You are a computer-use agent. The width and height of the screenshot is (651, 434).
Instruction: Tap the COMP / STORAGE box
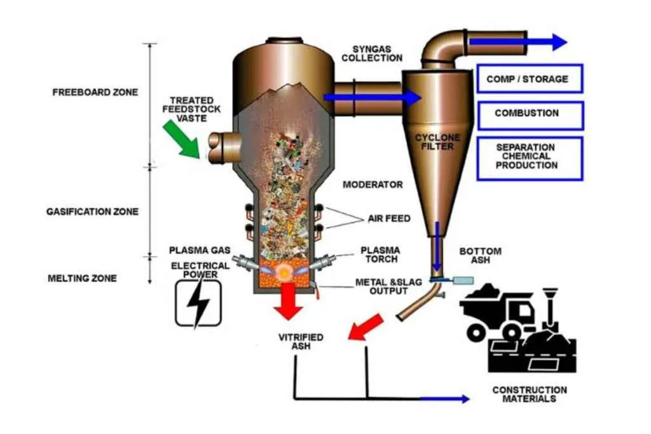pyautogui.click(x=529, y=79)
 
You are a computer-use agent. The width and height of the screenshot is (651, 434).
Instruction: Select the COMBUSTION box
pyautogui.click(x=529, y=114)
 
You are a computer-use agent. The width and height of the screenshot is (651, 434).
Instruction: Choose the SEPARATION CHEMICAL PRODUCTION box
pyautogui.click(x=529, y=156)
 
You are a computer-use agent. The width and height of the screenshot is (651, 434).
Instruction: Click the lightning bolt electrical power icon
pyautogui.click(x=198, y=304)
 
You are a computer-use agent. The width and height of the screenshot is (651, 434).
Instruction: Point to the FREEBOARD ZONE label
pyautogui.click(x=95, y=92)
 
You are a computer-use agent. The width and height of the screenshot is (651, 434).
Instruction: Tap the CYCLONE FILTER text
pyautogui.click(x=437, y=142)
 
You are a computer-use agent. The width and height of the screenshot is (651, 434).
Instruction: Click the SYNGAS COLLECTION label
pyautogui.click(x=378, y=53)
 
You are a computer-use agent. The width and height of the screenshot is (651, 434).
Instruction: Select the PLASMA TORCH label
pyautogui.click(x=380, y=254)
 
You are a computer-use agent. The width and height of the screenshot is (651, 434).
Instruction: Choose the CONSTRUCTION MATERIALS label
pyautogui.click(x=530, y=394)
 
